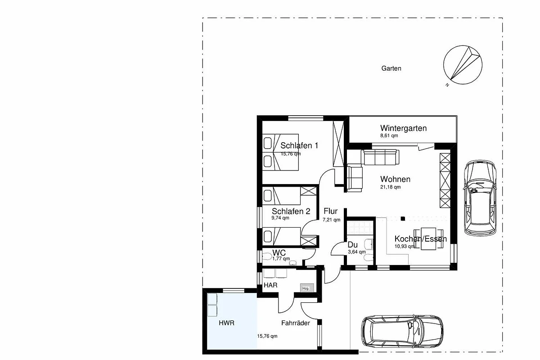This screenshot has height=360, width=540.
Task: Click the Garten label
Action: click(x=391, y=68)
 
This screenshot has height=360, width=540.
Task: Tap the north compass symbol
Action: click(x=463, y=65)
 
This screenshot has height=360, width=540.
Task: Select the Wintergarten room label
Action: click(x=403, y=128)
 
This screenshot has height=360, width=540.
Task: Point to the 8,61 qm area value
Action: click(x=389, y=135)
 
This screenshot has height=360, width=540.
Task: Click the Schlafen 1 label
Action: click(x=299, y=145)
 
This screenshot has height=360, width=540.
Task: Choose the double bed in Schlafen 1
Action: click(x=281, y=153)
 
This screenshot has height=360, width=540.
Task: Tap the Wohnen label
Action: click(x=396, y=179)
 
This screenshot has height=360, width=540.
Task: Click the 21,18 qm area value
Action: click(x=390, y=187)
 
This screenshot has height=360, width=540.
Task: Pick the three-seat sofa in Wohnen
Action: click(x=380, y=157)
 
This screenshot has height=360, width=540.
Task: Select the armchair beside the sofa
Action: click(x=355, y=179)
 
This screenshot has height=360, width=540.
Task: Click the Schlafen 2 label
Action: click(x=291, y=211)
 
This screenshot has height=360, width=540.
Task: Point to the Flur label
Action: click(x=330, y=211)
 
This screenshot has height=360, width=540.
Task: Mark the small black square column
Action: click(x=403, y=219)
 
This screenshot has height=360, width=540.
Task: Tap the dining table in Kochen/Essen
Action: click(x=428, y=238)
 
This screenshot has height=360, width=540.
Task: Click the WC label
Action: click(x=279, y=253)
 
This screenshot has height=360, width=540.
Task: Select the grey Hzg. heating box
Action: click(x=307, y=288)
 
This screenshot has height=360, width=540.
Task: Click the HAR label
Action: click(x=270, y=285)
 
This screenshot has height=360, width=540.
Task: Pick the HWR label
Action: click(x=227, y=323)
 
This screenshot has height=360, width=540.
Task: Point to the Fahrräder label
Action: click(x=296, y=323)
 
